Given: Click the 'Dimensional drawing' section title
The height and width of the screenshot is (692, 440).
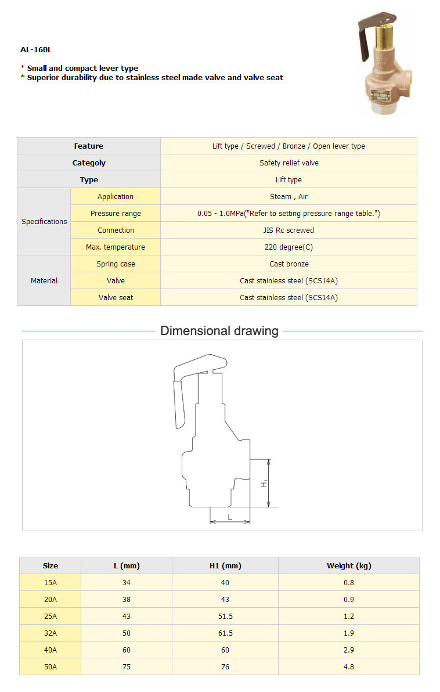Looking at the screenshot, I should (219, 331).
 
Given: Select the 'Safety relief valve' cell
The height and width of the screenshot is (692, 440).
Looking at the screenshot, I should (288, 163).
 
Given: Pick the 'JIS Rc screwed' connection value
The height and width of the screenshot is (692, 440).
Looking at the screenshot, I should (288, 230).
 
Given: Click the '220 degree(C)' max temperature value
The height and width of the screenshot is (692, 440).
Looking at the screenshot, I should (288, 247).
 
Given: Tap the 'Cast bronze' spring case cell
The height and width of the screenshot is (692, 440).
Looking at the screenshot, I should (288, 264).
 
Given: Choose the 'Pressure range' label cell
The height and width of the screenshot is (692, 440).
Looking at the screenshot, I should (116, 214).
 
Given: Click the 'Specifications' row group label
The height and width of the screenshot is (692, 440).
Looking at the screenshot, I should (44, 222).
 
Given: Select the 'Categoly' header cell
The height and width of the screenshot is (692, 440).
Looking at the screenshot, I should (89, 163).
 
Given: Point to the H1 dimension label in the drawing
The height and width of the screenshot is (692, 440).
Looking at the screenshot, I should (264, 483).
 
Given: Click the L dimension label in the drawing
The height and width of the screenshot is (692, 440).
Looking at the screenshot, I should (230, 516).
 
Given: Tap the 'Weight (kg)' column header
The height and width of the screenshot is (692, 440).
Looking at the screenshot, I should (348, 565).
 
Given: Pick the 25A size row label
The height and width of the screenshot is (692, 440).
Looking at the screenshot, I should (51, 617).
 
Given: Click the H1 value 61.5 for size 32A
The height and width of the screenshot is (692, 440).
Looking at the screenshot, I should (225, 633).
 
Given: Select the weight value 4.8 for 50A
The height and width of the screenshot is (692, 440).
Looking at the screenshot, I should (348, 667).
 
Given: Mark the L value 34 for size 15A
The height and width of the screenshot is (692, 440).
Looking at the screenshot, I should (127, 583).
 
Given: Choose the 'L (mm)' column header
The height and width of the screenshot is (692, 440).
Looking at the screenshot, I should (127, 565).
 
